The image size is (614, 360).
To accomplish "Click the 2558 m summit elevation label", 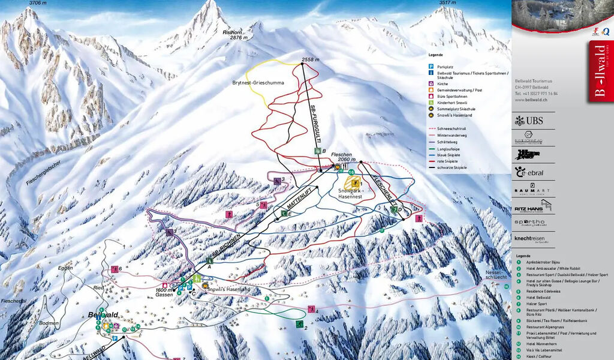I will click(x=311, y=60).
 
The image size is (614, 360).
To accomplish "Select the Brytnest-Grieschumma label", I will click(x=258, y=83).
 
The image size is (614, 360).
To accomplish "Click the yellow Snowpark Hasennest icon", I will click(x=355, y=182).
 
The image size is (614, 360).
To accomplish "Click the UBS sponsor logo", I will click(x=529, y=121).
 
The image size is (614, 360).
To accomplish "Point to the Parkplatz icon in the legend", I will click(x=431, y=66).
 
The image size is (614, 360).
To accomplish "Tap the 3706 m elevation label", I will click(x=38, y=3).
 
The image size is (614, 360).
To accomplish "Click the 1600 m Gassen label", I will click(x=164, y=292).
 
